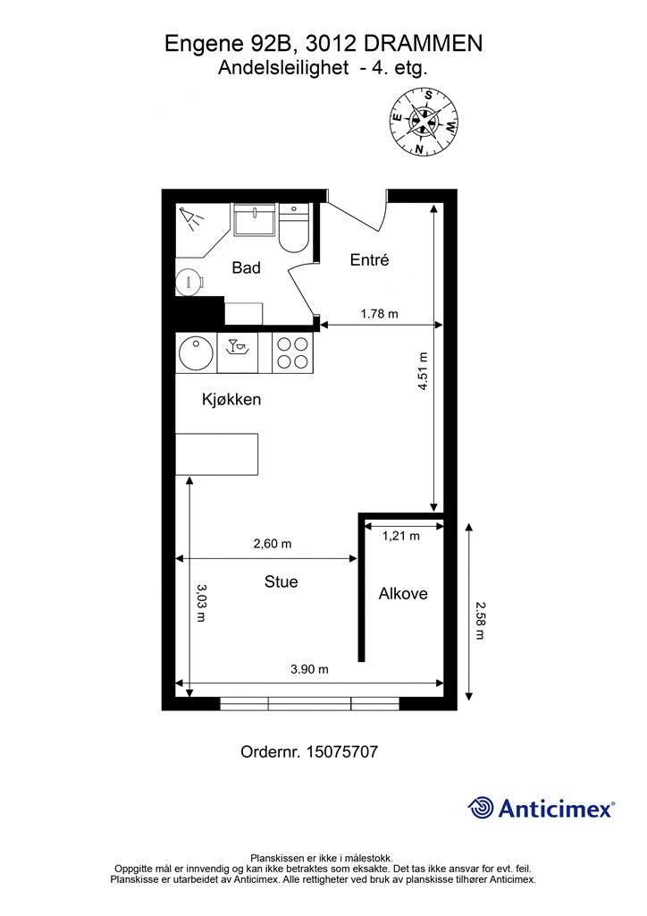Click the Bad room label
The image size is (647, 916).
[x=246, y=267]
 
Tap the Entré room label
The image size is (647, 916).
[x=369, y=259]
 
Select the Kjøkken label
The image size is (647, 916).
[x=231, y=400]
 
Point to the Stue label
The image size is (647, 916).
[x=281, y=581]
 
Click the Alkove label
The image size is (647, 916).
[x=403, y=594]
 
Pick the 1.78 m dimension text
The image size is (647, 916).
[x=379, y=314]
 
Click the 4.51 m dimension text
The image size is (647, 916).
[x=424, y=371]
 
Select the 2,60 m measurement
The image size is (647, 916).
[x=273, y=543]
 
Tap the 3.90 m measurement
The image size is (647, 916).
[x=310, y=669]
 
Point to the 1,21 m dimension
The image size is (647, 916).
[x=401, y=535]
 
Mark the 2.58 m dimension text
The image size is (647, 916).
[x=480, y=621]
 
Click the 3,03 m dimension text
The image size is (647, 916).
[x=201, y=602]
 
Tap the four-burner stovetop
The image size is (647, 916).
[x=293, y=352]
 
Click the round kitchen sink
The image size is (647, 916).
[x=196, y=353]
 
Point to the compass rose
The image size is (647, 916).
[x=424, y=122]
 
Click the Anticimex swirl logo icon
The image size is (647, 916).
[x=481, y=808]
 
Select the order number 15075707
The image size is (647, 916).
[x=341, y=751]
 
